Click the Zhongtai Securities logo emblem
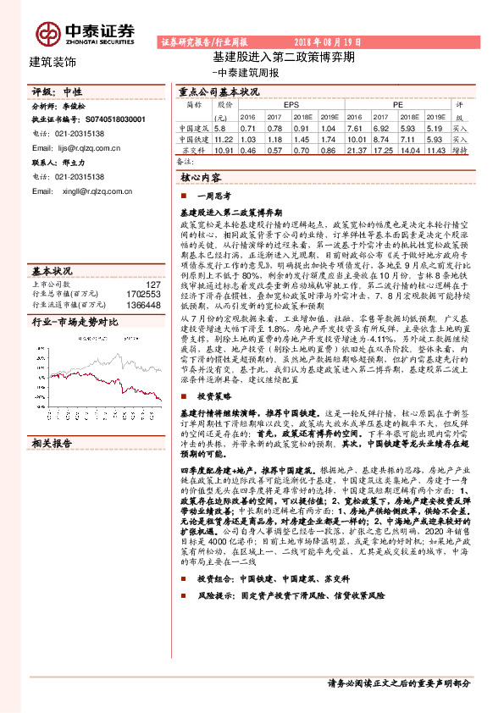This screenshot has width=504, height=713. (x=47, y=32)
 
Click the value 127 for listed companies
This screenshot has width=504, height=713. (x=152, y=285)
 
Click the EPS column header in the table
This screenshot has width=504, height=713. (x=291, y=104)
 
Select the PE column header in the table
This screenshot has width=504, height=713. (x=398, y=104)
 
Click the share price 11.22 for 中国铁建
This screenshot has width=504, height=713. (x=224, y=137)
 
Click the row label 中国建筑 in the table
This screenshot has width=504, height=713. (x=195, y=127)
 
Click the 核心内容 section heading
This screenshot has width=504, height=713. (x=201, y=179)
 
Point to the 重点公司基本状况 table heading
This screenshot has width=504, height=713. (x=219, y=91)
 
